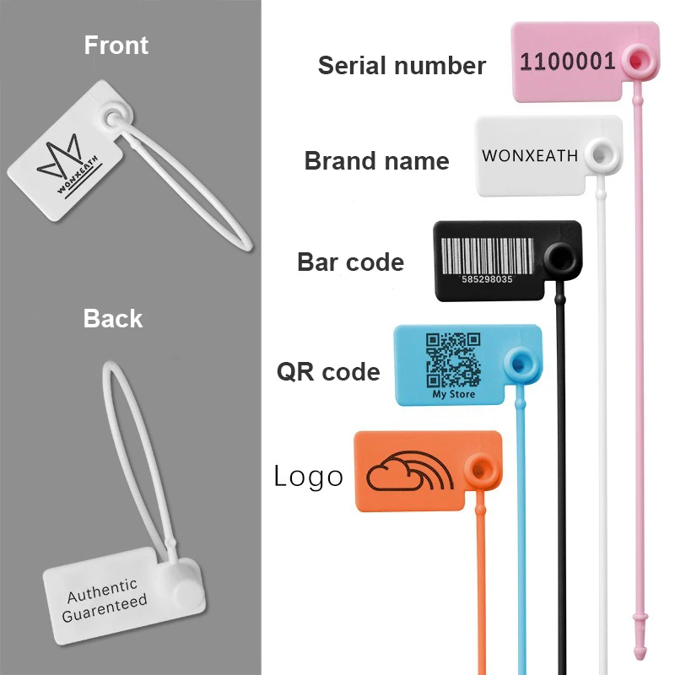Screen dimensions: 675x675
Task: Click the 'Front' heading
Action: pos(116,45)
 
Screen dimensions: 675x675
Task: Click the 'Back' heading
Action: pos(113,319)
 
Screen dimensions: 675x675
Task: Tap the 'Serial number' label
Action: pos(402,66)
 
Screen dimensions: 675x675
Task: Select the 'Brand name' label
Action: pos(376,161)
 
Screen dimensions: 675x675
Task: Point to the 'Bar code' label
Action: pos(350,262)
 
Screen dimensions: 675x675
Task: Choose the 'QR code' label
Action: pos(328,371)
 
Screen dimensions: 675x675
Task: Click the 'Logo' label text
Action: pos(309,477)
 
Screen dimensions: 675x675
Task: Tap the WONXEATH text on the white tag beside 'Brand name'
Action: pos(530,156)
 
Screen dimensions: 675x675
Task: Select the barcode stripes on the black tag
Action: pos(489,253)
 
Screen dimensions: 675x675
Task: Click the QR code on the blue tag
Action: pos(453,359)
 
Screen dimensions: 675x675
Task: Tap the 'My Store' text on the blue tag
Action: pos(454,394)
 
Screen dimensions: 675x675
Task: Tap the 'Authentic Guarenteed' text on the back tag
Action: pos(104,597)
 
